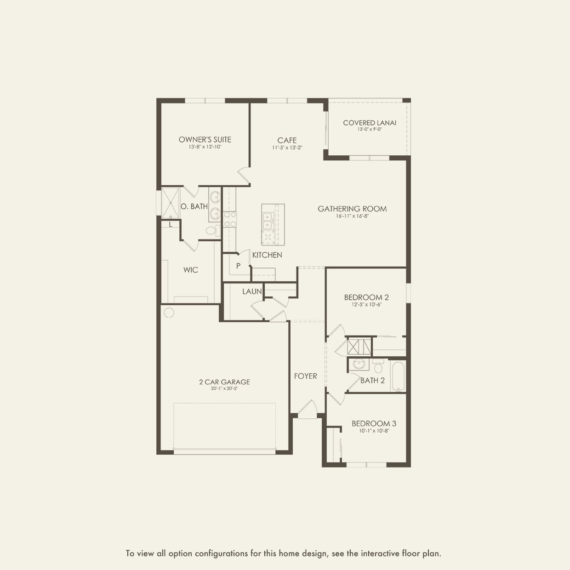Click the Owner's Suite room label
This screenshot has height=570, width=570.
(205, 140)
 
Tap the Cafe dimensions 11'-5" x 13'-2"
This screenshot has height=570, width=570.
(287, 147)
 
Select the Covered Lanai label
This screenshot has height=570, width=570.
(370, 123)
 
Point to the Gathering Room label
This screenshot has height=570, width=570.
(352, 209)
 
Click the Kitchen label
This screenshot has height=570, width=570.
(267, 255)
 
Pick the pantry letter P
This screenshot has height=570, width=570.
(238, 266)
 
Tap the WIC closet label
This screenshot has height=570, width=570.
(190, 270)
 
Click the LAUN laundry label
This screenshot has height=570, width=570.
(252, 291)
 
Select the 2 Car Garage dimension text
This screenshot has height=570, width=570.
(224, 389)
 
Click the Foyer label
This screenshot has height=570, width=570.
(306, 376)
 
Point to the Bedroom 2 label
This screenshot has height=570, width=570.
(366, 297)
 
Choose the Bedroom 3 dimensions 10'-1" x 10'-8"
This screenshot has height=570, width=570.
(374, 431)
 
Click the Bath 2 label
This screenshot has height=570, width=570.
(372, 381)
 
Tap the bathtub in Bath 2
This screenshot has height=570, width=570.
(398, 376)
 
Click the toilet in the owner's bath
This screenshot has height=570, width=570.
(213, 231)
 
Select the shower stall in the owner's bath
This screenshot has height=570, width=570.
(170, 203)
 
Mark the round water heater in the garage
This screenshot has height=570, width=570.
(169, 313)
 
